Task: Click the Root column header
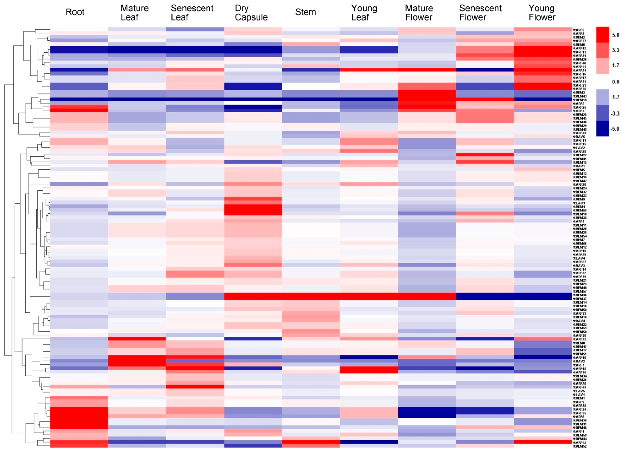point(75,12)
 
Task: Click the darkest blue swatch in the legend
point(602,128)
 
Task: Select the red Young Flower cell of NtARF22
point(543,339)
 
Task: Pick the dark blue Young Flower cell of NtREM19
point(543,99)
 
